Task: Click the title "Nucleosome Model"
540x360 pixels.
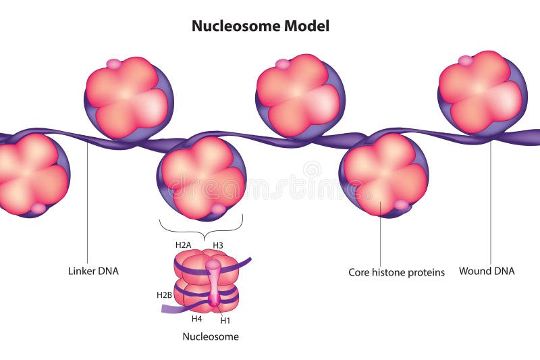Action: (x=261, y=26)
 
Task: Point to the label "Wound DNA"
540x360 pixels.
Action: (x=487, y=271)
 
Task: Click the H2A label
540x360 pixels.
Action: (x=184, y=245)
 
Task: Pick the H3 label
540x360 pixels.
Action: (x=218, y=245)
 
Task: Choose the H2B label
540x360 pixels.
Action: (x=164, y=295)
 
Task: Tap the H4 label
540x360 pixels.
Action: (x=196, y=318)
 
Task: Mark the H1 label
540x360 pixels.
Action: (x=225, y=320)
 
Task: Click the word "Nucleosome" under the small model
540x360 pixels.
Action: (x=211, y=336)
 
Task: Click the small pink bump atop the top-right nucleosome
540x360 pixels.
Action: (x=465, y=61)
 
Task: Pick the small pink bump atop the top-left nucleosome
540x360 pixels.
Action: (x=114, y=64)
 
